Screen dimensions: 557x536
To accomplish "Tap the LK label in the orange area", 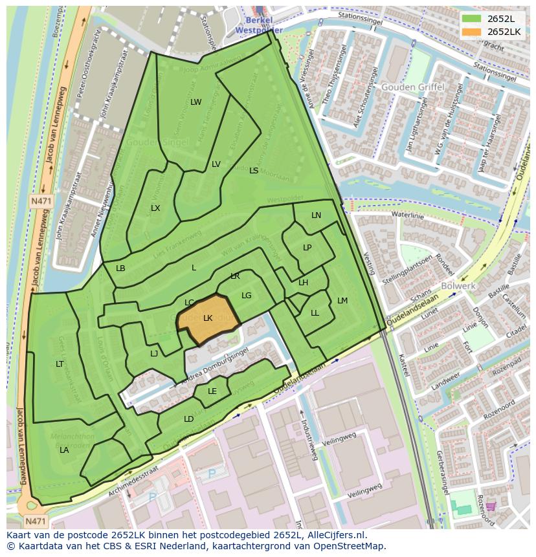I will point(208,318).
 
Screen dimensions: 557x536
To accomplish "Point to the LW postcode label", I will point(196,102).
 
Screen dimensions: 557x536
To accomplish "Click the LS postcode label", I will point(254,171).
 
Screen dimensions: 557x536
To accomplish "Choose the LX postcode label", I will point(155,208).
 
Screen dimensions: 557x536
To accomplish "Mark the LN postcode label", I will point(316,215).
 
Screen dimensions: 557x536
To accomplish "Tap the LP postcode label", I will point(307,248).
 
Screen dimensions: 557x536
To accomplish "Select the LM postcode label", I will point(342,301).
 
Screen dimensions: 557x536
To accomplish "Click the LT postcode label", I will point(60,364).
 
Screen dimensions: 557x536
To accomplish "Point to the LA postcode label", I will point(64,450).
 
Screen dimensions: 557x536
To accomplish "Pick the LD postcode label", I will point(188,419).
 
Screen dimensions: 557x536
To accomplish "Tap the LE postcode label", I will point(212,391).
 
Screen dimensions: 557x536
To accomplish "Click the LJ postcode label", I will point(154,354).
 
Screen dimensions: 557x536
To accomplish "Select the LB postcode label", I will point(120,268).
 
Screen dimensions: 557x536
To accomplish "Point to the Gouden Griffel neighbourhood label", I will point(412,87).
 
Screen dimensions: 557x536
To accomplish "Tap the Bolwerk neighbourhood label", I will point(458,285).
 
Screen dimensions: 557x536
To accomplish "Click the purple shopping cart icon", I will point(491,506).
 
